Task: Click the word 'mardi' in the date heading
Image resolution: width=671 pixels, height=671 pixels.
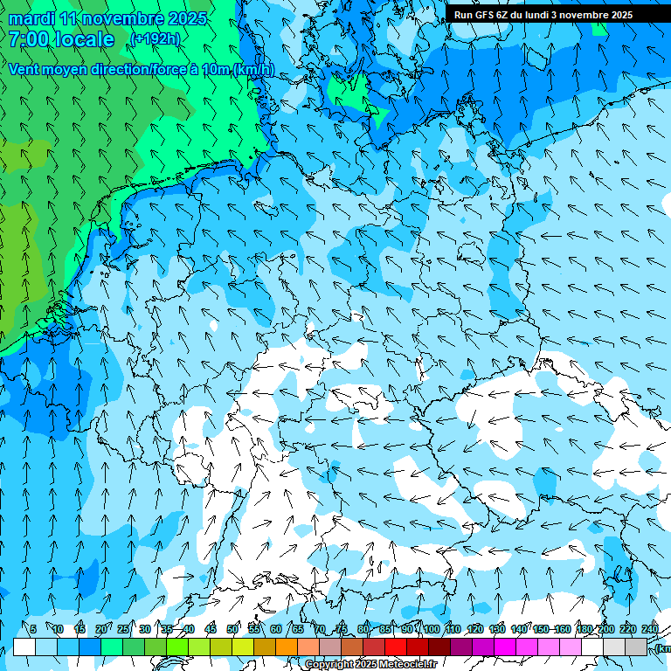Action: tap(31, 18)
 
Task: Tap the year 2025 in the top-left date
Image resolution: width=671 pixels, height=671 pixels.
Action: tap(188, 18)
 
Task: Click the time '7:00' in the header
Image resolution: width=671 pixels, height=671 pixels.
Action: tap(30, 39)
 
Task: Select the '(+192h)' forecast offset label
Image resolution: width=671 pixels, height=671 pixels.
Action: tap(155, 39)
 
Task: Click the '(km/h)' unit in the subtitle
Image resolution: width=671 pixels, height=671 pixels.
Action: tap(253, 70)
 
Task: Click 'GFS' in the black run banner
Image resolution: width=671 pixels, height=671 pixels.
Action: tap(495, 15)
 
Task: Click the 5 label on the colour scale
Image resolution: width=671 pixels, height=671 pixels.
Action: tap(33, 629)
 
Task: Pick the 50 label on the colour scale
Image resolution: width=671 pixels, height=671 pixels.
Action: tap(232, 629)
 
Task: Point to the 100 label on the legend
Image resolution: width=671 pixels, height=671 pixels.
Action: tap(431, 629)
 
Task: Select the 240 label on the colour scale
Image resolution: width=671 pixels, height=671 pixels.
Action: tap(649, 629)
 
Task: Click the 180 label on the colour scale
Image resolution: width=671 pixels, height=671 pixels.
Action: tap(584, 629)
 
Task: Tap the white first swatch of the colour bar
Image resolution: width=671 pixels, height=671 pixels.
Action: tap(24, 647)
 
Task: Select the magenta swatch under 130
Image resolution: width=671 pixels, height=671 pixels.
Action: tap(505, 647)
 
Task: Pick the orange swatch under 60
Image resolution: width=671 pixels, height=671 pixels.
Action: tap(287, 647)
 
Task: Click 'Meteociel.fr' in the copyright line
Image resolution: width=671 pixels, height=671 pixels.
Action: tap(406, 665)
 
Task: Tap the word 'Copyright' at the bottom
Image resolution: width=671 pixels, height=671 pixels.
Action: tap(329, 665)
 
